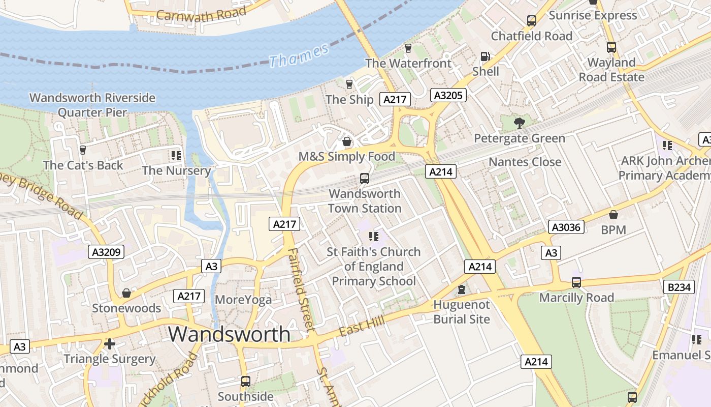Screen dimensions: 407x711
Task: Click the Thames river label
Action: tap(299, 55)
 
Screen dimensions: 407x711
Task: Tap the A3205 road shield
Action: tap(448, 95)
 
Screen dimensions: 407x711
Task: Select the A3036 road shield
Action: tap(566, 227)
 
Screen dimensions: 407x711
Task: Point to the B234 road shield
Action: tap(679, 287)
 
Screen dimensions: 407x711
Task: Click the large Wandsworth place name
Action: tap(229, 334)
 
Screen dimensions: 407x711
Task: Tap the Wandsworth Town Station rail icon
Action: tap(364, 178)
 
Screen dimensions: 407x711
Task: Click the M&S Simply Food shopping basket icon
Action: tap(347, 141)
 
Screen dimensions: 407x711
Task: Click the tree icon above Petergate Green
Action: tap(519, 123)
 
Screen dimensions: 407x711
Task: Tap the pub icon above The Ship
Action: tap(349, 84)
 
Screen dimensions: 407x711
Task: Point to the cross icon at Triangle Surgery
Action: tap(110, 344)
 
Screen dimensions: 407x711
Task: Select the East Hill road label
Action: tap(362, 324)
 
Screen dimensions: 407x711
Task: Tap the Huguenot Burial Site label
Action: tap(461, 312)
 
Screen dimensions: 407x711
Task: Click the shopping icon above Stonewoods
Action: tap(126, 293)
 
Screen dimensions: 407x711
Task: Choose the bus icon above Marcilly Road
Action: tap(576, 282)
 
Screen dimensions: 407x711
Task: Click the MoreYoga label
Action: tap(243, 300)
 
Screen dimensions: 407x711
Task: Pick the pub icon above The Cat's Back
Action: tap(83, 150)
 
